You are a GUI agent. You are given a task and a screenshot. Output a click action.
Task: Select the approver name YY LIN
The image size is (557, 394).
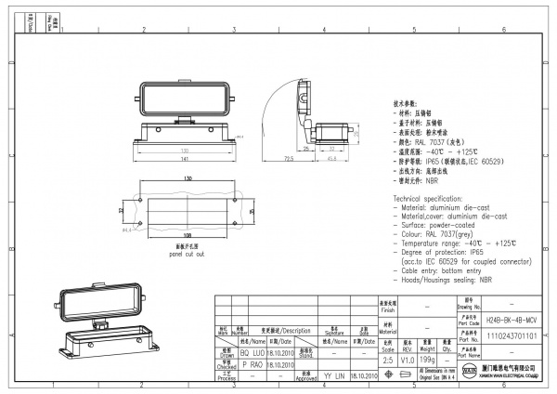[x=332, y=377]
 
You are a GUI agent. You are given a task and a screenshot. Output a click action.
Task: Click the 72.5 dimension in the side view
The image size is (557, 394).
[x=289, y=160]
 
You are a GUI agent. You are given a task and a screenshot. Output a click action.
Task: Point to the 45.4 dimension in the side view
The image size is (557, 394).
[x=331, y=157]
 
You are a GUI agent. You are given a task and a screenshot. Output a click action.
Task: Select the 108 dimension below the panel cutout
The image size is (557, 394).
[x=187, y=236]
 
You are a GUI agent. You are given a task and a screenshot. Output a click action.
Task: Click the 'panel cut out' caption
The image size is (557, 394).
[x=187, y=253]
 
